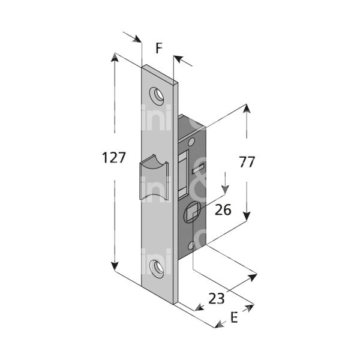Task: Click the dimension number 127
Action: coord(114,158)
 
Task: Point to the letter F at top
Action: coord(159,48)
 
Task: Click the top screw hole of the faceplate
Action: coord(158,94)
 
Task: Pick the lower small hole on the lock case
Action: coord(191,245)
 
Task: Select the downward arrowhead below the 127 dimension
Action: coord(114,266)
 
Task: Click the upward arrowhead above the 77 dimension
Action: coord(246,110)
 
